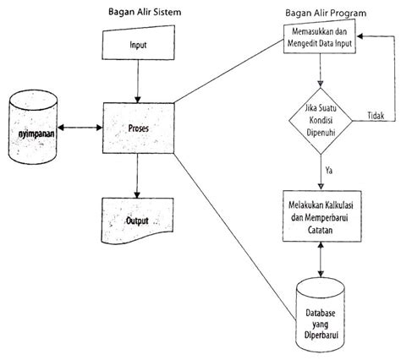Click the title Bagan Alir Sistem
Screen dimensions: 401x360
(145, 12)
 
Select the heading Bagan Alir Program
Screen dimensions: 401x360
(326, 13)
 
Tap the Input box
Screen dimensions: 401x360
(138, 43)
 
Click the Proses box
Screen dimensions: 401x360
(139, 128)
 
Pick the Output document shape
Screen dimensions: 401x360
(138, 221)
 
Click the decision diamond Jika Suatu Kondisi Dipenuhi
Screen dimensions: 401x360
(321, 121)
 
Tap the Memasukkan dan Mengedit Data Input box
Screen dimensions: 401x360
(320, 36)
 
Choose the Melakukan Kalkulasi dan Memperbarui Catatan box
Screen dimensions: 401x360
(322, 216)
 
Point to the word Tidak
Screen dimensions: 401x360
(376, 116)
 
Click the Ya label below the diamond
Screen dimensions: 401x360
(329, 171)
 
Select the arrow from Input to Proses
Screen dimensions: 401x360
(138, 81)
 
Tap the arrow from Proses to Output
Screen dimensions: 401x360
(137, 176)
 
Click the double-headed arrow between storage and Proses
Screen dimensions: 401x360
(80, 128)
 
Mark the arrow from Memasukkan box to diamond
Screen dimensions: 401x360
(320, 71)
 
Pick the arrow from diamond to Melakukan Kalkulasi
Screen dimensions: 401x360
(321, 172)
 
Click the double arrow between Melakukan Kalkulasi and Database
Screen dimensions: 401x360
(321, 259)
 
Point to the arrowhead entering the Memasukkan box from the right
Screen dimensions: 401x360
(360, 36)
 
